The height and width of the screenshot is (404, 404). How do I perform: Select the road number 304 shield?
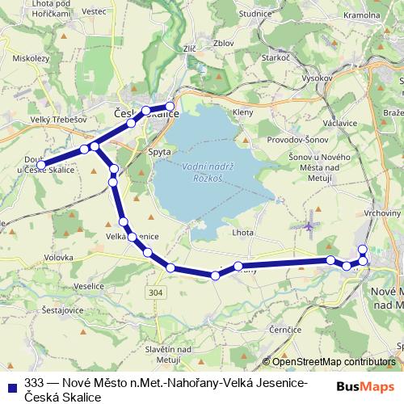(156, 292)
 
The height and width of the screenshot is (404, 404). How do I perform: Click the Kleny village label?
(242, 112)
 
